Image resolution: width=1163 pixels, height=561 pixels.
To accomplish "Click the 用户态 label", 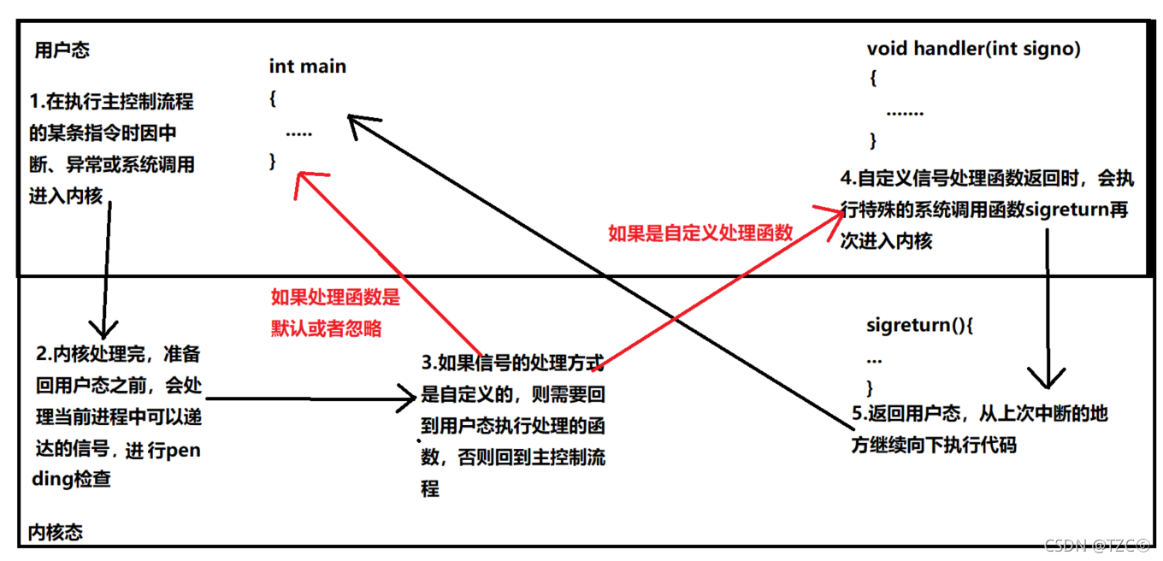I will click(62, 50).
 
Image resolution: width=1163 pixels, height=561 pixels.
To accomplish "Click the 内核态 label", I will click(56, 532).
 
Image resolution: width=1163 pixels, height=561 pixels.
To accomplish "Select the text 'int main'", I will click(308, 66).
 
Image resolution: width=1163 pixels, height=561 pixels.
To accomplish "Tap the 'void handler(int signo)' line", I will click(973, 49).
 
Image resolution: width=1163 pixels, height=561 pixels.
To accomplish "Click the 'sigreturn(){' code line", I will click(920, 325).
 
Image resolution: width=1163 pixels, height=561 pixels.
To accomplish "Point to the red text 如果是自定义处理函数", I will click(700, 233).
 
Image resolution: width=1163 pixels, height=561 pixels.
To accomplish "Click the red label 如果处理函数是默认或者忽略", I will click(335, 313).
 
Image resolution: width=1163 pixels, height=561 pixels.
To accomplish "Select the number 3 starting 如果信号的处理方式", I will click(428, 363).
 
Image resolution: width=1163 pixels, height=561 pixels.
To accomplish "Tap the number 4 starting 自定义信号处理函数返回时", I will click(847, 179).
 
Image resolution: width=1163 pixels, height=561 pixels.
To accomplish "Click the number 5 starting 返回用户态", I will click(859, 413).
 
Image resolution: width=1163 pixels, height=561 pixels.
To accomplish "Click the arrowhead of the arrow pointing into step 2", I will click(103, 328).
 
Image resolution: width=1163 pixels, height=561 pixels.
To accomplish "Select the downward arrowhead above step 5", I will click(1046, 379).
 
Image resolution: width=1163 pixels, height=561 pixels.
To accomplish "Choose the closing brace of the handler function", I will click(873, 140).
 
